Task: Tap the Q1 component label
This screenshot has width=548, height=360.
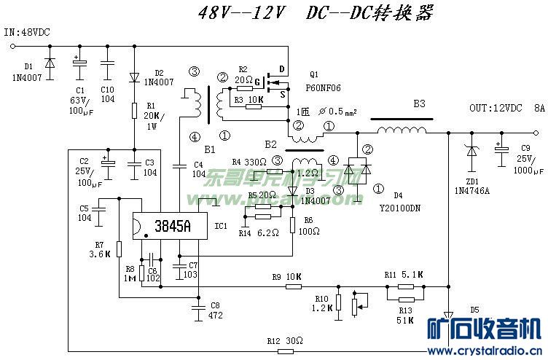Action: pyautogui.click(x=314, y=74)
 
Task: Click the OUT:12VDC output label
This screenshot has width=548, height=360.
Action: pyautogui.click(x=496, y=108)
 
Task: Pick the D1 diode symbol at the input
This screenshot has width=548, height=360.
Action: pyautogui.click(x=50, y=64)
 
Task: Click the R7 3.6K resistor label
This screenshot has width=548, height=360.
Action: pyautogui.click(x=98, y=249)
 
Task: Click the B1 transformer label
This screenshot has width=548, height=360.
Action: pyautogui.click(x=210, y=149)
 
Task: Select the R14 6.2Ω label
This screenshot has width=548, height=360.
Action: pyautogui.click(x=260, y=233)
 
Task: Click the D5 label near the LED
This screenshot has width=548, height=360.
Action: pyautogui.click(x=474, y=309)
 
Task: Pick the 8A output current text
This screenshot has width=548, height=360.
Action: pyautogui.click(x=539, y=108)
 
